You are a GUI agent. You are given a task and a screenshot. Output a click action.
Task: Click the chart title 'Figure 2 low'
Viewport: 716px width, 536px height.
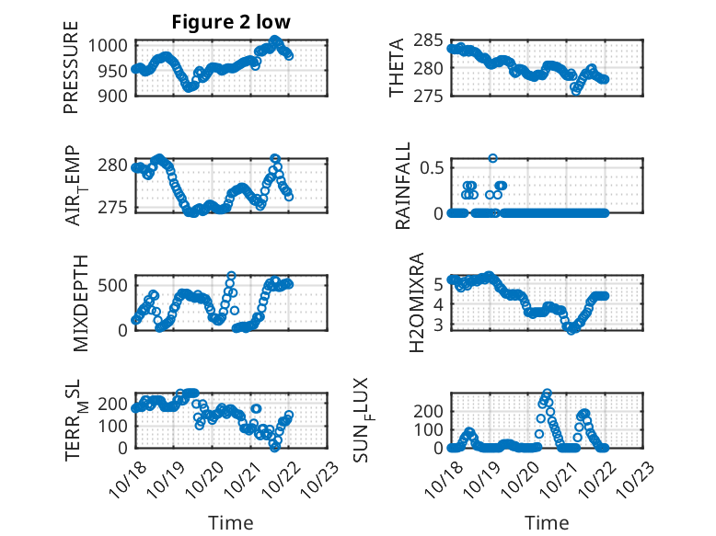coord(231,23)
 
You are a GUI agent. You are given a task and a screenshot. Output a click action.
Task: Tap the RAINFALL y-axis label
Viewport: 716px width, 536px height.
coord(403,190)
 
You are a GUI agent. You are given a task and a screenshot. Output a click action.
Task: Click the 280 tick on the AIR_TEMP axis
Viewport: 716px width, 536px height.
coord(117,165)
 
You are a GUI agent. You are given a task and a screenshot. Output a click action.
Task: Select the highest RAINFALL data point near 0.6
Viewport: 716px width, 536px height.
coord(493,158)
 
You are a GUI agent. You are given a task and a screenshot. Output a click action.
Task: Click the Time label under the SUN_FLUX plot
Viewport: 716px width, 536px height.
coord(547,523)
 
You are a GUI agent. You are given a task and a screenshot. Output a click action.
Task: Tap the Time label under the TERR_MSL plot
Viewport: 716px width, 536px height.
coord(231,523)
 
